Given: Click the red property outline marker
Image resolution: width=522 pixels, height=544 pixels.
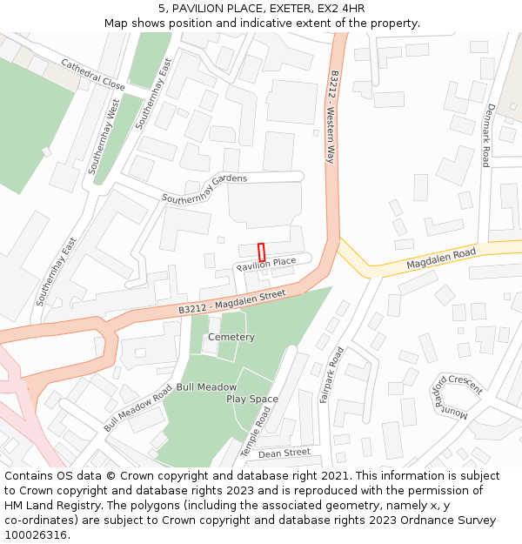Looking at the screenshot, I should tap(261, 252).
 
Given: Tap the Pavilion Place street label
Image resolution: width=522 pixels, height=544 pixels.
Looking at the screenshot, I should tap(273, 263).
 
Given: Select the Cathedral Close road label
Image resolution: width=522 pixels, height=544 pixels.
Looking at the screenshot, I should tap(93, 76).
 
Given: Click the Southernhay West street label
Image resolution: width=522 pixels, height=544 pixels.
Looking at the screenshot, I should tap(104, 137).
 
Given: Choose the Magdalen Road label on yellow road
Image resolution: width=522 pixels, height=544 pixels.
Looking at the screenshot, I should tap(441, 259).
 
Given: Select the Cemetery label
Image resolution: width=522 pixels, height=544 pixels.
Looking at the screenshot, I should tap(231, 337).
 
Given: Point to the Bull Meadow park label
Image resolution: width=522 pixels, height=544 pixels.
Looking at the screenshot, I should tap(206, 386).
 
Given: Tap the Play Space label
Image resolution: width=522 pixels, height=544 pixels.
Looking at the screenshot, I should tap(252, 400).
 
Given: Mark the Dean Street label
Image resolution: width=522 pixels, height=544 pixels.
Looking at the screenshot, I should tap(284, 453).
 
